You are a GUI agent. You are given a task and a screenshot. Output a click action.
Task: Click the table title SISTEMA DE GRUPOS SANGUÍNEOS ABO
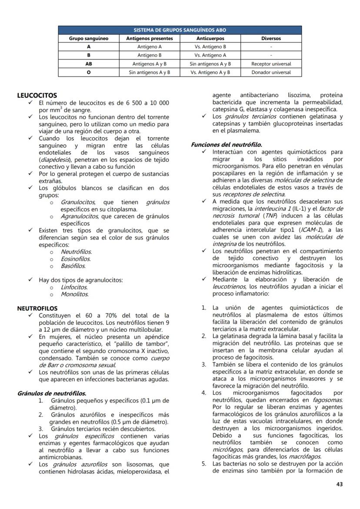coord(180,30)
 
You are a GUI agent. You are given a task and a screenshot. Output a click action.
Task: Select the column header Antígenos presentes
coord(149,38)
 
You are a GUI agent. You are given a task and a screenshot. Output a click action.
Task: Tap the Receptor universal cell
coord(271,64)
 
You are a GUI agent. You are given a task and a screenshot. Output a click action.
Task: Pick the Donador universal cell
coord(271,72)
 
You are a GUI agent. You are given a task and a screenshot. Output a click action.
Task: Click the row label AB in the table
coord(89,64)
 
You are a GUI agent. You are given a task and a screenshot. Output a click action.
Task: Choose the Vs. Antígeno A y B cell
coord(210,72)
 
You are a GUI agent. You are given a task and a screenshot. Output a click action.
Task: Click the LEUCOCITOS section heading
coord(37,95)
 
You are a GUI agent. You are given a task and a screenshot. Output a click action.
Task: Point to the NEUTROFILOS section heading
coord(37,308)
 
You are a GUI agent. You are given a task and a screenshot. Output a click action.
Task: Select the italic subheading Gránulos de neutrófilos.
coord(52,393)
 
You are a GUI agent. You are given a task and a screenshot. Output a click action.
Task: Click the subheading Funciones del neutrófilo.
coord(227,145)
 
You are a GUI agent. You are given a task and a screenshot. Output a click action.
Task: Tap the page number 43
coord(339,484)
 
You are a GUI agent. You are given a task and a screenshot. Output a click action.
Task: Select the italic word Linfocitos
coord(74,287)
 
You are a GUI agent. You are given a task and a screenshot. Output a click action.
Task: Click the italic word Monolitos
coord(74,294)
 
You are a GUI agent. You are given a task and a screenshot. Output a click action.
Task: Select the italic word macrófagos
coord(305,456)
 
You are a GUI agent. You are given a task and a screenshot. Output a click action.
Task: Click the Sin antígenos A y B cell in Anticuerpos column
coord(210,64)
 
